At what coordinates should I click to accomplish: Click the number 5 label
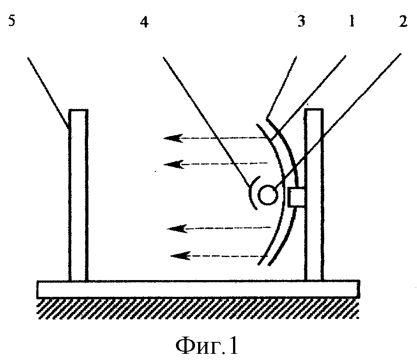(11, 21)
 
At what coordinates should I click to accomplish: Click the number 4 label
(145, 22)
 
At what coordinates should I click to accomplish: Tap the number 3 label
(301, 21)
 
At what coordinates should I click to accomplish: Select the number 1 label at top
(352, 21)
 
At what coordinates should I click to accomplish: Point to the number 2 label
(403, 21)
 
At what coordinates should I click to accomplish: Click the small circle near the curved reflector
(268, 195)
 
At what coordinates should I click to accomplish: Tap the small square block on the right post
(296, 197)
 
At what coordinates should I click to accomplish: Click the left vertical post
(78, 195)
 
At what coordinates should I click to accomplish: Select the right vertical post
(314, 194)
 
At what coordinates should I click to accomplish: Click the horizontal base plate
(199, 289)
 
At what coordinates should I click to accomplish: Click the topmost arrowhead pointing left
(173, 138)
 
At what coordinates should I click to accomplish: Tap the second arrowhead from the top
(173, 164)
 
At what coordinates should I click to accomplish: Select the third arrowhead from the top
(177, 228)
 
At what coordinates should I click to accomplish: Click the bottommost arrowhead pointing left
(180, 256)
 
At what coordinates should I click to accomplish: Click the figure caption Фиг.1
(207, 346)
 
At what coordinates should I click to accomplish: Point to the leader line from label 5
(49, 93)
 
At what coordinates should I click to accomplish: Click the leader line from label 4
(207, 121)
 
